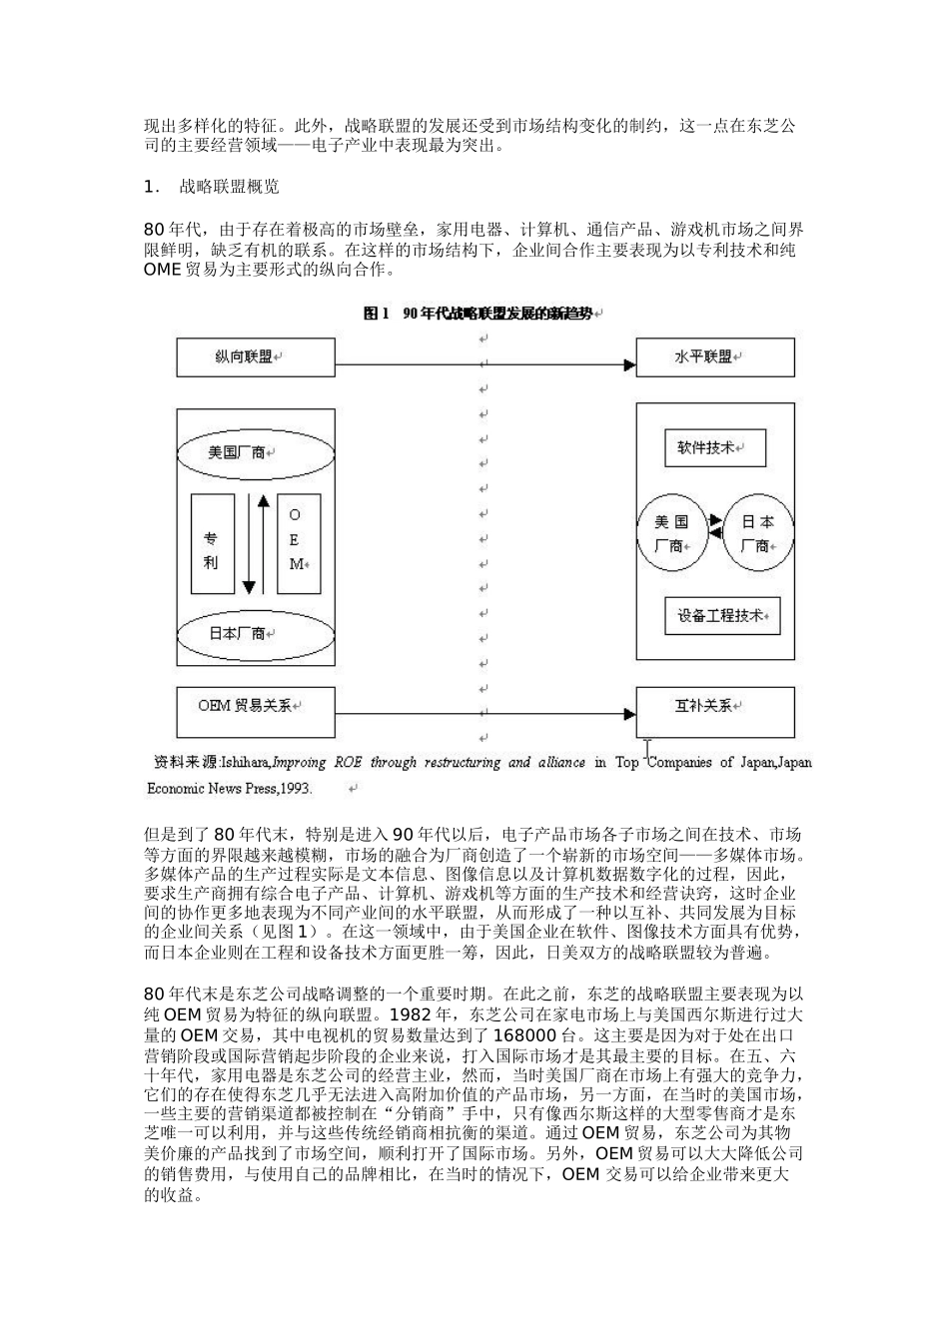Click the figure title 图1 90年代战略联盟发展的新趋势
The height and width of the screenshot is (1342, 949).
482,314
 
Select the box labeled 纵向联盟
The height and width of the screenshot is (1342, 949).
256,356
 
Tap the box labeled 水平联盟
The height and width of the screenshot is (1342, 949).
715,356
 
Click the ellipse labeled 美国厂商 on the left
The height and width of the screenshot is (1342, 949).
242,452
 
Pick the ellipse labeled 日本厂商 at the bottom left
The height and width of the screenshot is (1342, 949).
242,633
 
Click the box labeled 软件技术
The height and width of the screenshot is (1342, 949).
714,448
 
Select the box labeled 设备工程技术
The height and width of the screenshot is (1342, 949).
721,615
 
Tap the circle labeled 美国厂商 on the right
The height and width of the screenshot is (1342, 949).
671,534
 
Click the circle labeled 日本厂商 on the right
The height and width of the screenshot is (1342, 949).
758,534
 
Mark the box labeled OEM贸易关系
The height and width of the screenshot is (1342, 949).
256,706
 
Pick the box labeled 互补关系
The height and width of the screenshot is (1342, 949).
715,706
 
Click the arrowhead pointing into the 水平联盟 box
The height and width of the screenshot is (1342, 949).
628,365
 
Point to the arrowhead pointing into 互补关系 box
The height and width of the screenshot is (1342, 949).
628,714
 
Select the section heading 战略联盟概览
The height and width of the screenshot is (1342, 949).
230,187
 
